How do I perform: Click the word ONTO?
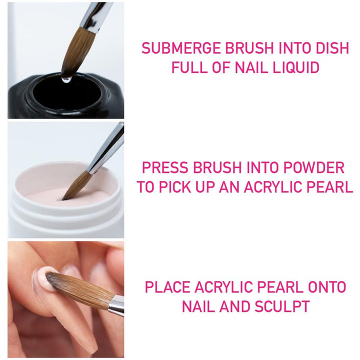coord(326,287)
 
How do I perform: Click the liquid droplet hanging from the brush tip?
coord(64,79)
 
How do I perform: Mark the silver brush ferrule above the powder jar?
coord(107,150)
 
